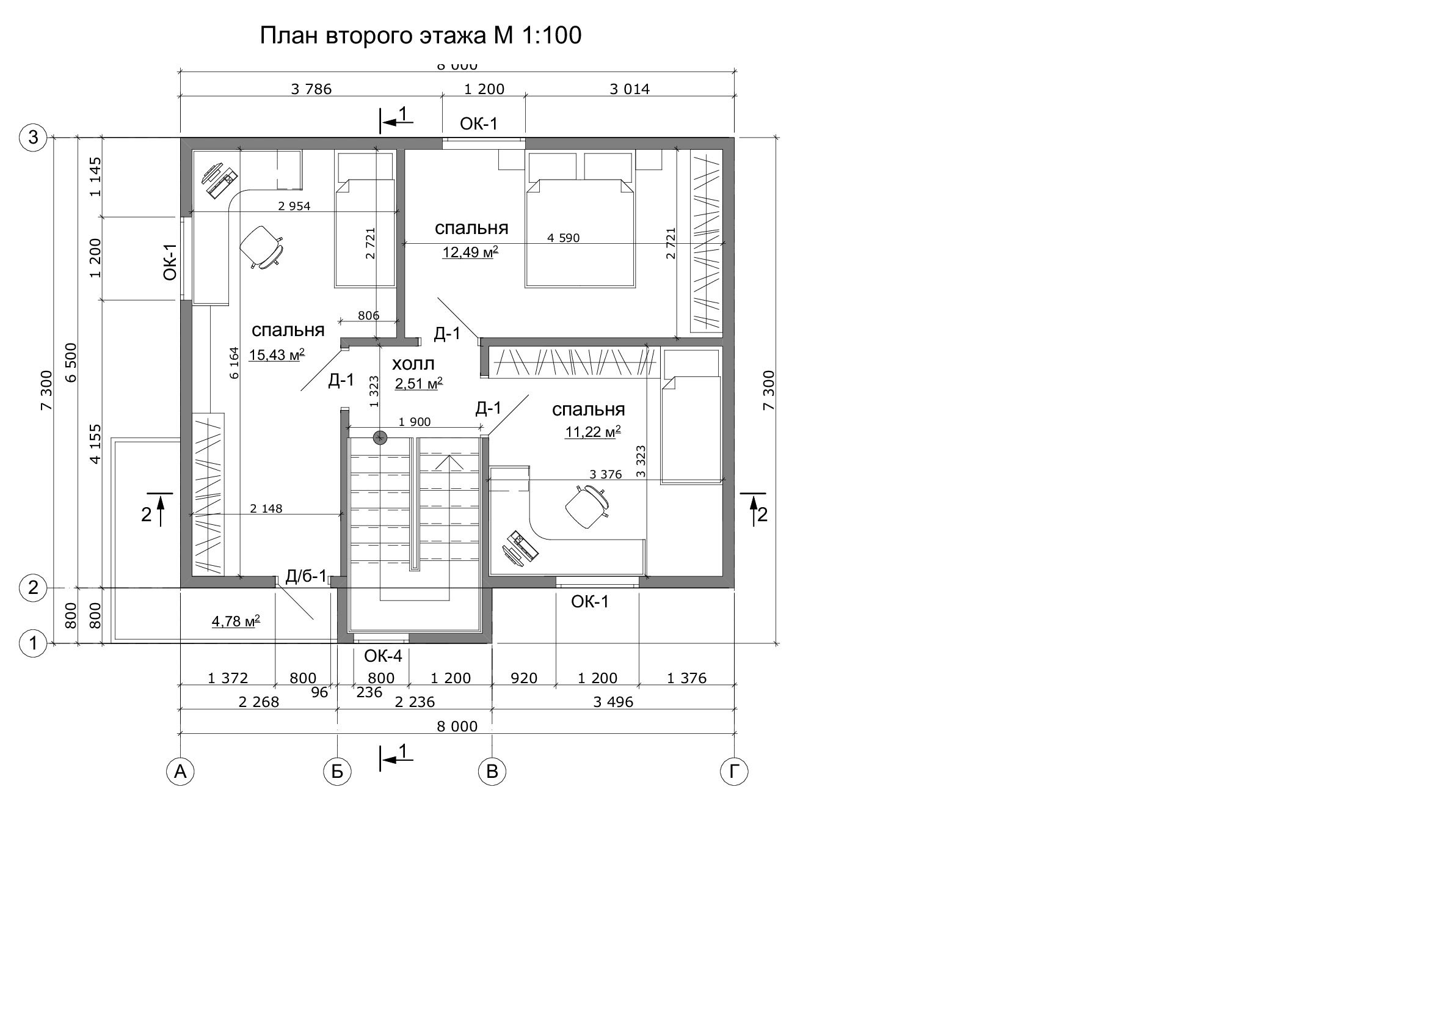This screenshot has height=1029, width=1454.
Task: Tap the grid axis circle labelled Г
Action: [x=734, y=772]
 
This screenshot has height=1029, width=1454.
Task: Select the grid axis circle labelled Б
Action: [x=337, y=772]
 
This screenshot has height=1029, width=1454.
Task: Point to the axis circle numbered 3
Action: [x=33, y=137]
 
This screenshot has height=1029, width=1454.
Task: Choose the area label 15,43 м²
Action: [x=277, y=354]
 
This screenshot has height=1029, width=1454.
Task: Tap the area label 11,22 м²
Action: [x=593, y=431]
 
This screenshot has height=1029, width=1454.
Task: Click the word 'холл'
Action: [x=413, y=364]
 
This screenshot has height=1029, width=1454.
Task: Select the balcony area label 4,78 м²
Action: [x=236, y=621]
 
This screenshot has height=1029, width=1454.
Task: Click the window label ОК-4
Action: [x=383, y=656]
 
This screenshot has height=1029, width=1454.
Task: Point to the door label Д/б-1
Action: [x=306, y=576]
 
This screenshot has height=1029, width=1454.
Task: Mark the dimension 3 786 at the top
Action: [x=311, y=89]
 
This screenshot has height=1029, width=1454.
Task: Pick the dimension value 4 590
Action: [x=563, y=238]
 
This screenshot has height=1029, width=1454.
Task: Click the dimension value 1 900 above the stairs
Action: [x=414, y=422]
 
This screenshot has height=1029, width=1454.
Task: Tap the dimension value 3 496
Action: [x=613, y=702]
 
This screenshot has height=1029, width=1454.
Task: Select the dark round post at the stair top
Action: [x=379, y=437]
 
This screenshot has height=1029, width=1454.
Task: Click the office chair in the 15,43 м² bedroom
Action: [x=261, y=246]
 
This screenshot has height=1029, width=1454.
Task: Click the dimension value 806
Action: [x=369, y=315]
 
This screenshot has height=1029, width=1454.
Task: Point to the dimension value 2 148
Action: [x=266, y=508]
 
